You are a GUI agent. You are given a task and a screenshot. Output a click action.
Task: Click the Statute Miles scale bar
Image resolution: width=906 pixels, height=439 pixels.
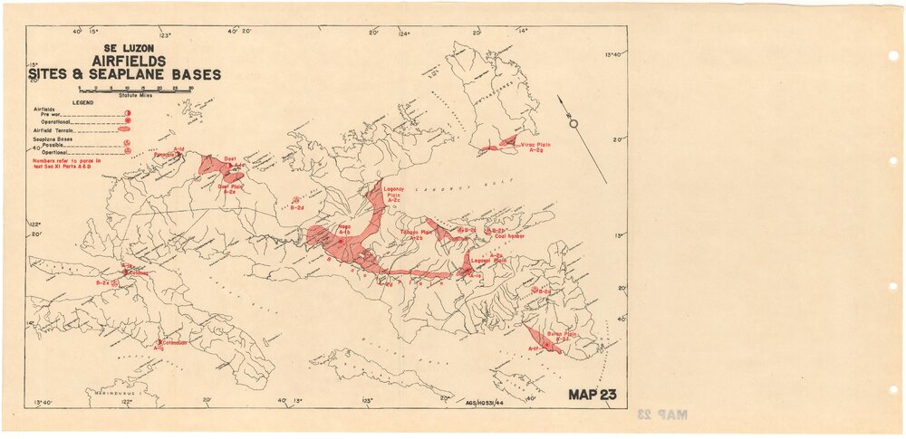click(x=136, y=90)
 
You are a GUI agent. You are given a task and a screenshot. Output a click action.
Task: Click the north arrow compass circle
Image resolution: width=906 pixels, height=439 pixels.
click(x=572, y=123)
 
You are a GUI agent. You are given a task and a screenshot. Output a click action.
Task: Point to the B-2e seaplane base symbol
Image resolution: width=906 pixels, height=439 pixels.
click(x=115, y=283)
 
